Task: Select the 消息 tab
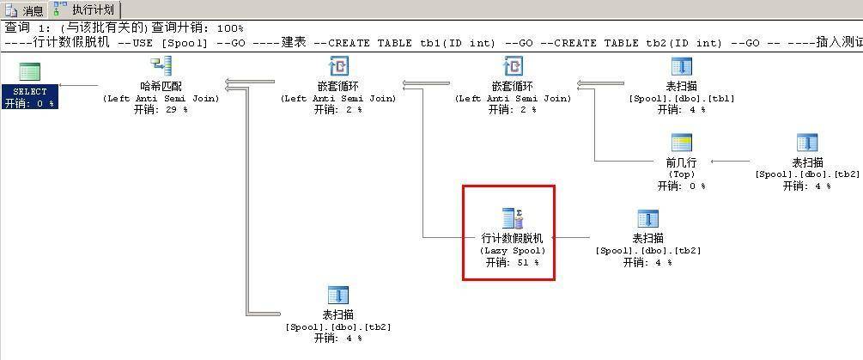point(25,9)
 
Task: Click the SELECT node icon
point(30,72)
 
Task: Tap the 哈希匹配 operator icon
point(161,66)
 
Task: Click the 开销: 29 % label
point(161,109)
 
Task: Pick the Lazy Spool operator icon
point(513,218)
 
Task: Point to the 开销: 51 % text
point(513,263)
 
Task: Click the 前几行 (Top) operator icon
point(681,143)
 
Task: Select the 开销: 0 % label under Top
point(681,186)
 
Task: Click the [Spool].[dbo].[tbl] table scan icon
point(681,66)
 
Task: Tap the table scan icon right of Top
point(807,143)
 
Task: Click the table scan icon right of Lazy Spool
point(648,218)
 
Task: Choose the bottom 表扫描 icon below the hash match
point(338,295)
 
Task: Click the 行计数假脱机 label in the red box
point(513,238)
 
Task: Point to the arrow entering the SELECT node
point(79,85)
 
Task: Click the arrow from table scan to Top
point(731,162)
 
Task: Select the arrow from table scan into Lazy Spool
point(571,238)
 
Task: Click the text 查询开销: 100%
point(198,27)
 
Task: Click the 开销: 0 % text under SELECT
point(30,103)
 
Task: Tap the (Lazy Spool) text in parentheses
point(513,251)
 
